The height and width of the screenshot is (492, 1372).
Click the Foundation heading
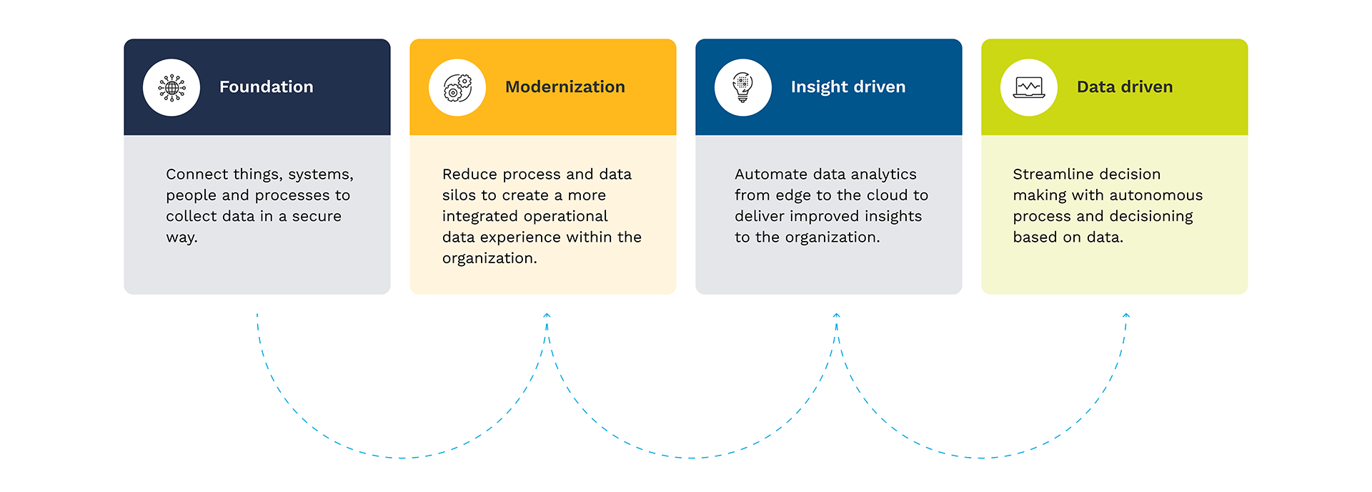[x=266, y=87]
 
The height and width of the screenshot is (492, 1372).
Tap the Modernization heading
[x=565, y=87]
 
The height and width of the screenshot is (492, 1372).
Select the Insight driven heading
[x=847, y=87]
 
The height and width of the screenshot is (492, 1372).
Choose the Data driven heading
[x=1124, y=87]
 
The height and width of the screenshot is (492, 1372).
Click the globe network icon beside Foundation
[x=171, y=87]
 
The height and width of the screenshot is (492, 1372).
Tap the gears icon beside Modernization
[x=457, y=87]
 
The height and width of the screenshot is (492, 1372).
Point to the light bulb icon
[x=743, y=87]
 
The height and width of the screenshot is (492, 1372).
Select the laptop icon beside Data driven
[x=1029, y=87]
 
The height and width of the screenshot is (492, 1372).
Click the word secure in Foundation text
[x=317, y=216]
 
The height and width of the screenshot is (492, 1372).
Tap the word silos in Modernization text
[x=459, y=195]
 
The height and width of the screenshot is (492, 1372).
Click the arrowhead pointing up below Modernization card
[x=547, y=315]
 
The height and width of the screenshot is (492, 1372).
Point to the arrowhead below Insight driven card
[x=836, y=315]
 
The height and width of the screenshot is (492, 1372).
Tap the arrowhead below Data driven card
[x=1126, y=315]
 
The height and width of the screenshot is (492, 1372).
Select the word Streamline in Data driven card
[x=1050, y=174]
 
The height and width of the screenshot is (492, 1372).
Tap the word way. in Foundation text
[x=182, y=237]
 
